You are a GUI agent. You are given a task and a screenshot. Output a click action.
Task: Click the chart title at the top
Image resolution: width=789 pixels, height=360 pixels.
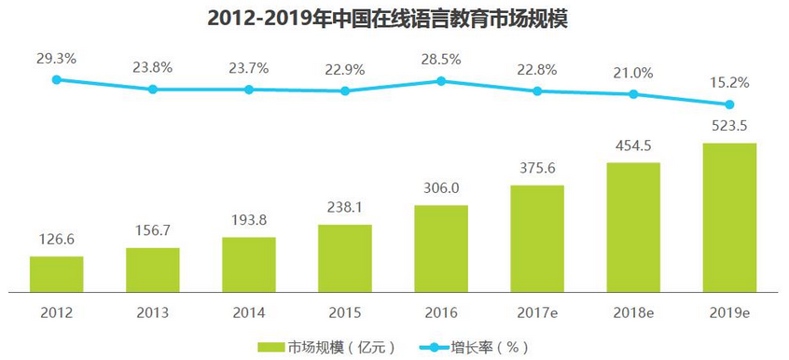[x=394, y=18]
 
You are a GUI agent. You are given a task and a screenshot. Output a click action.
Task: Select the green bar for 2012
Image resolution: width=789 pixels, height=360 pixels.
[x=56, y=272]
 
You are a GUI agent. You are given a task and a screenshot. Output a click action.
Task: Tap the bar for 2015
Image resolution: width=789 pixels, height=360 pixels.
[x=344, y=256]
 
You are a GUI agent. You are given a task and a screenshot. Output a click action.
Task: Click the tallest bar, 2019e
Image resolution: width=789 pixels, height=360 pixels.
[x=729, y=216]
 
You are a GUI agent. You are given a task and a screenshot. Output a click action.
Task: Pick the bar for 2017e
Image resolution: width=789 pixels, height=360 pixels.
[x=536, y=237]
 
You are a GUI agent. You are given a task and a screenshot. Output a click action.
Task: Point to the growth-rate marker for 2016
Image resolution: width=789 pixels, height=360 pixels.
[x=440, y=81]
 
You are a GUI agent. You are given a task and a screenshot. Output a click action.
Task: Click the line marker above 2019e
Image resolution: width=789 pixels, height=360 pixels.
[x=729, y=104]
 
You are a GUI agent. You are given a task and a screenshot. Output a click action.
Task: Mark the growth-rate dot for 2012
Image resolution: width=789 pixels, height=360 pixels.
[x=56, y=80]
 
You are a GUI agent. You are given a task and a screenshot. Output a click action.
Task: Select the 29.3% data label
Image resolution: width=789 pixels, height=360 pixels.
[x=56, y=59]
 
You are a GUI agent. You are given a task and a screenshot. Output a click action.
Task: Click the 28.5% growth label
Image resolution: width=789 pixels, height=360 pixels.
[x=440, y=59]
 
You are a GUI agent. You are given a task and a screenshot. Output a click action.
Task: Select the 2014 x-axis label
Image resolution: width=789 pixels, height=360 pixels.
[x=248, y=312]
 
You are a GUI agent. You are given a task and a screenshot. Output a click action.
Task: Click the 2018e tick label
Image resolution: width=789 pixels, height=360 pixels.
[x=633, y=312]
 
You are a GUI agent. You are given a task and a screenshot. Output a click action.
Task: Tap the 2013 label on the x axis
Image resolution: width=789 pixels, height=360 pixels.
[x=152, y=312]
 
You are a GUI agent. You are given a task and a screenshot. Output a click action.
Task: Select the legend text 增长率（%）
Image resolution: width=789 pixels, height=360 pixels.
[x=494, y=347]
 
